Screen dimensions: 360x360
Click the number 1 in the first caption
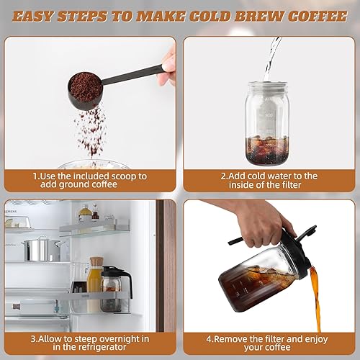click(x=34, y=175)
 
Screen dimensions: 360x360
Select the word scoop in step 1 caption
click(x=132, y=175)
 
